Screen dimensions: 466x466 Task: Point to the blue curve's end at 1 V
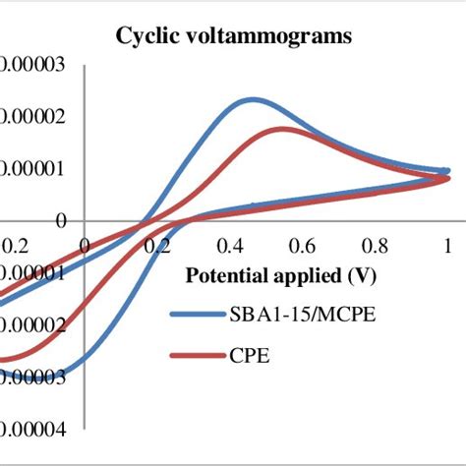point(446,171)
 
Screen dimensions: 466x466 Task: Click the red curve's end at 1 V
point(446,179)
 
